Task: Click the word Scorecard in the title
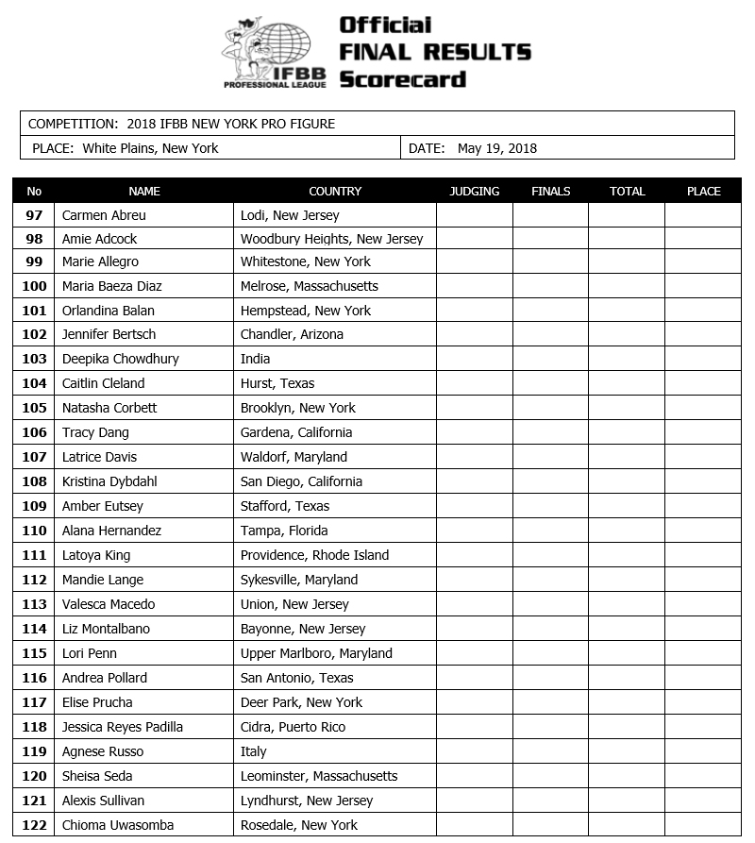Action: [403, 79]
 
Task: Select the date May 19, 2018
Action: [497, 148]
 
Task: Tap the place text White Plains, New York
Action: [150, 148]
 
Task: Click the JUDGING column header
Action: [474, 191]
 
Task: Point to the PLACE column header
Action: [703, 191]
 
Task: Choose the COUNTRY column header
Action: [335, 191]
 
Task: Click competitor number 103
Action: [34, 359]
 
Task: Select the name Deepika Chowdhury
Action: [120, 359]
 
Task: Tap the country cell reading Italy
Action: [254, 751]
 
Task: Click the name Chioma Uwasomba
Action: [118, 825]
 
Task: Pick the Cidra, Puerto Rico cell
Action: [294, 727]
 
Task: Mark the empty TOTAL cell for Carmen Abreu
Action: [627, 215]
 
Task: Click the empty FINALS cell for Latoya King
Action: [550, 555]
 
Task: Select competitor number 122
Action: [34, 825]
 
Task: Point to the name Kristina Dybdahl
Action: [109, 481]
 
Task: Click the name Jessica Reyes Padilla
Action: [123, 727]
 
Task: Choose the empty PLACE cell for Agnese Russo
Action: [703, 751]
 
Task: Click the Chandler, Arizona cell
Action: [292, 334]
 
